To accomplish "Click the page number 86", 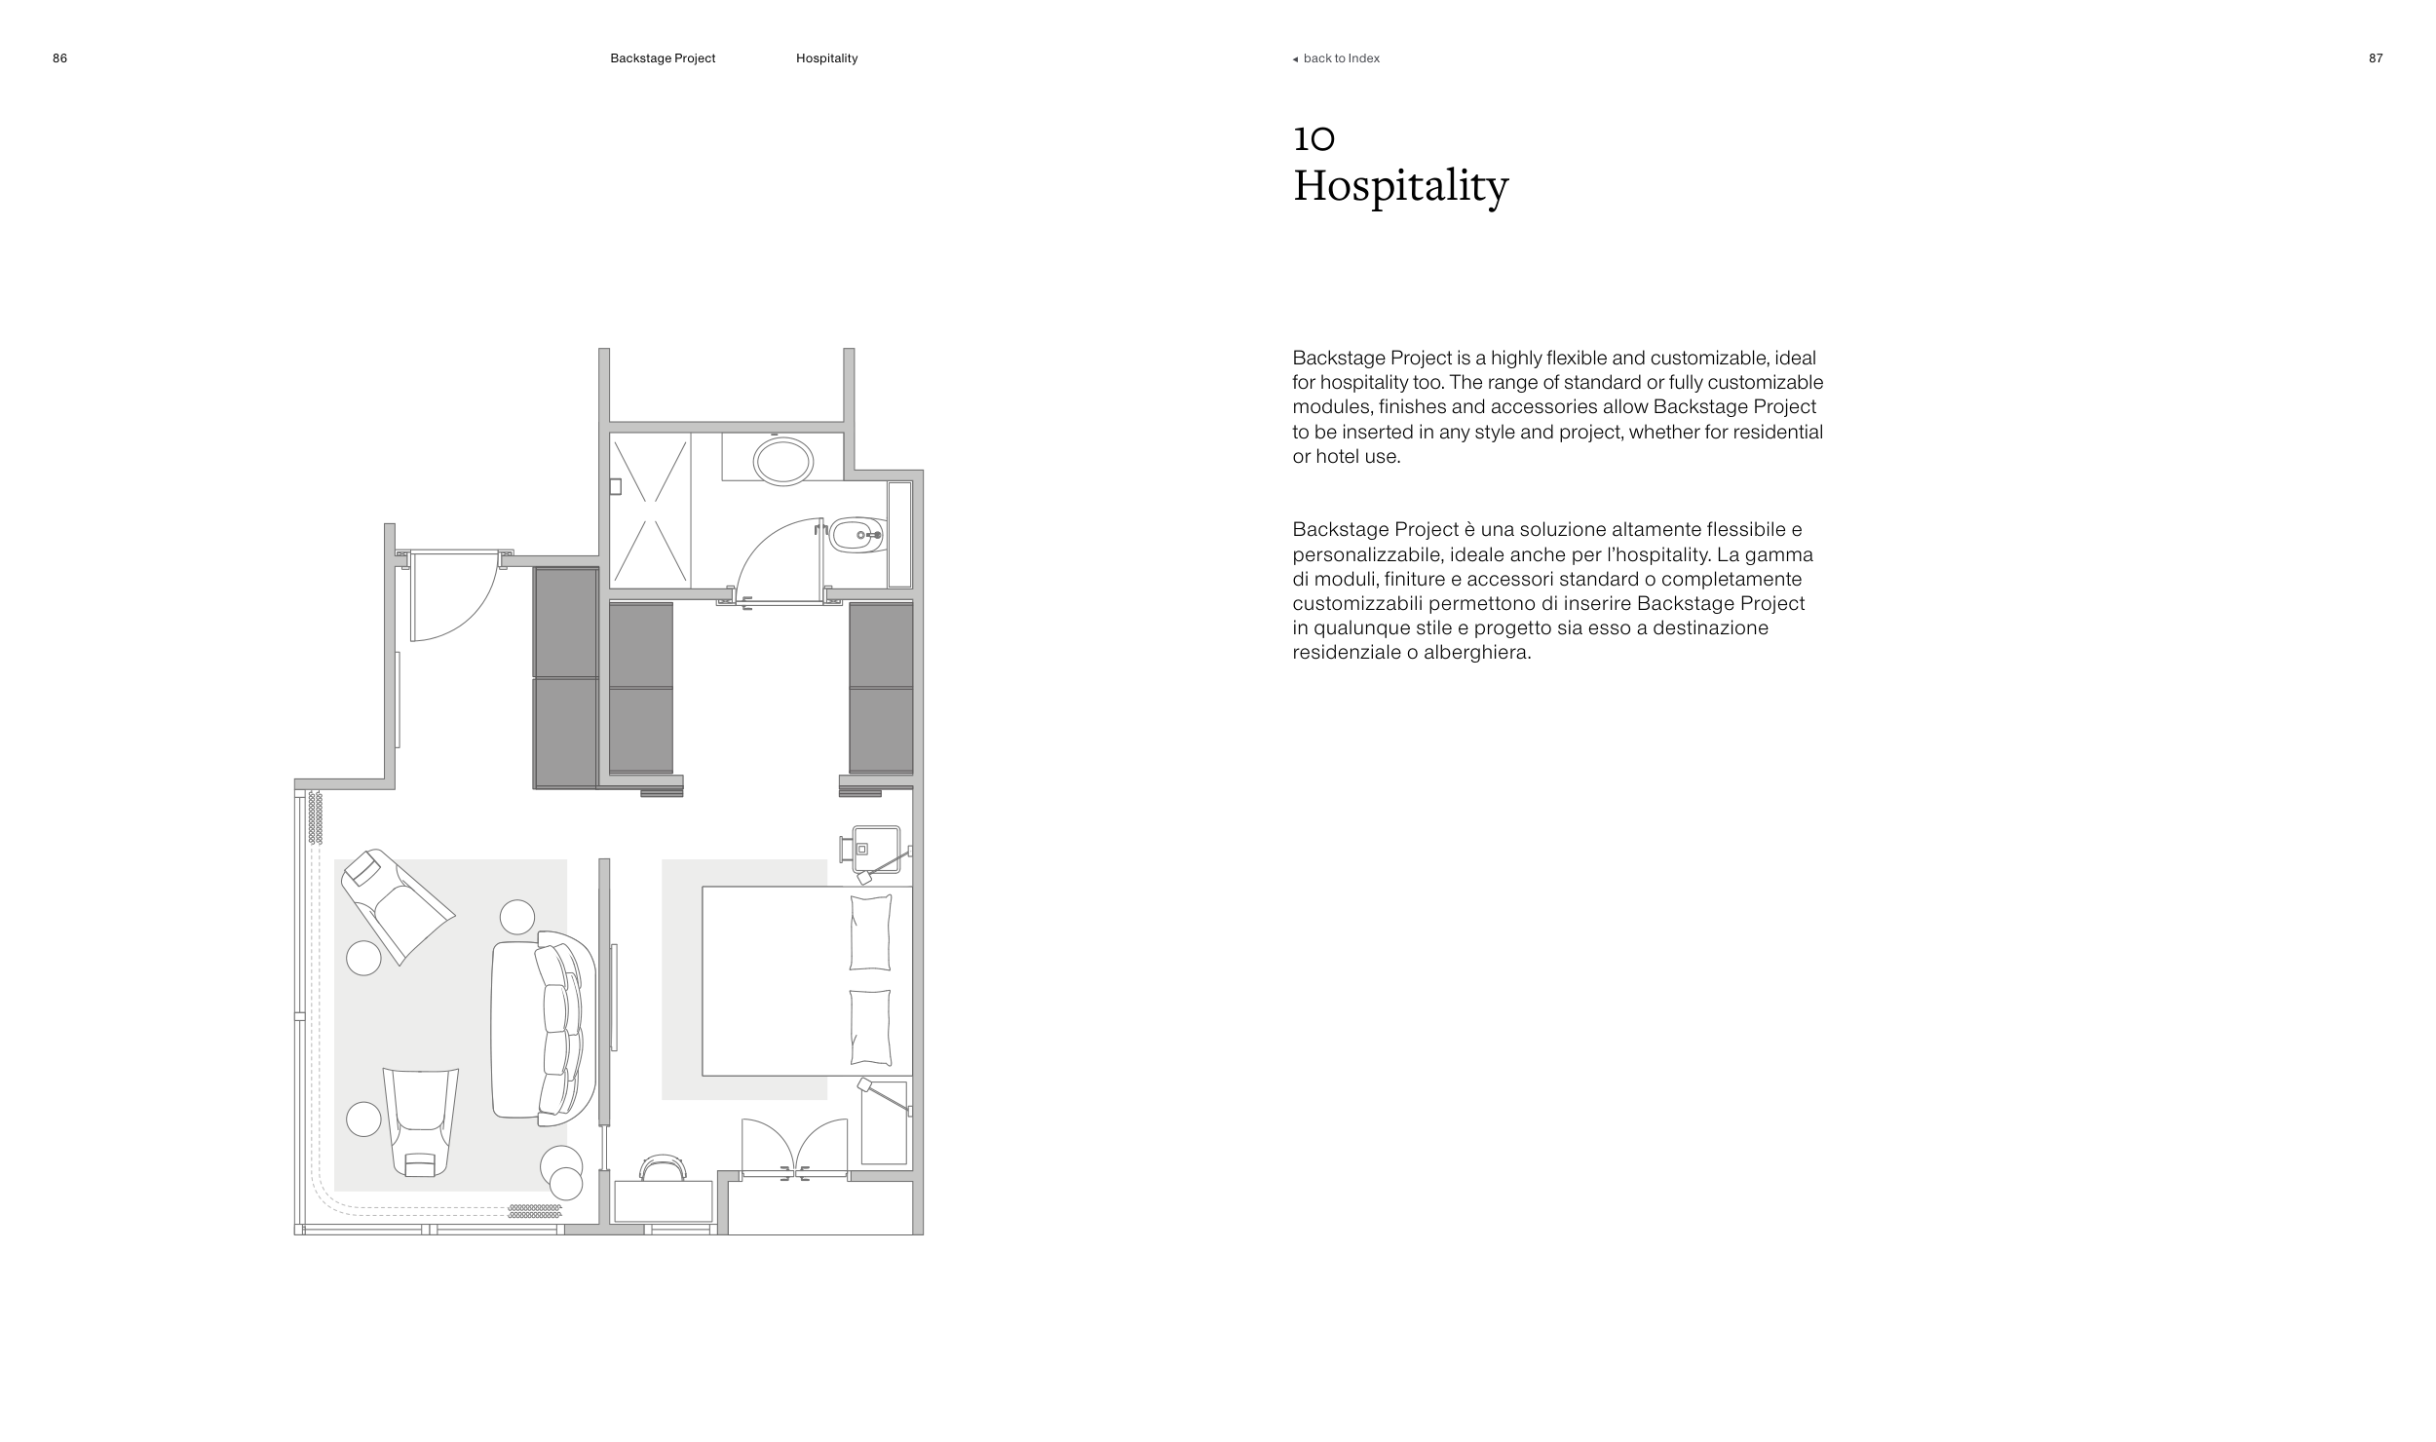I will pos(59,58).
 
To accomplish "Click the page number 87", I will pos(2376,58).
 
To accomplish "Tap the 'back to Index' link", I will pos(1340,58).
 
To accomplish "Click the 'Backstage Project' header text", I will pos(663,58).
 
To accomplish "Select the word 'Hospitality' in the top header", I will pos(826,58).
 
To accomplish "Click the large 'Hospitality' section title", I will pos(1400,186).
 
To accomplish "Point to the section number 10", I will pos(1313,139).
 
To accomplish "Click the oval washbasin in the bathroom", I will pos(782,461).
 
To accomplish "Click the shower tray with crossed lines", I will pos(650,511).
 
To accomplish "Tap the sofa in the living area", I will pos(543,1028).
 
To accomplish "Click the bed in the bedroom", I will pos(806,980).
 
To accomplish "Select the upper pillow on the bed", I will pos(870,932).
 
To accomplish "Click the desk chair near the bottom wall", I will pos(664,1167).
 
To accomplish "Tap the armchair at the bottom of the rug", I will pos(421,1119).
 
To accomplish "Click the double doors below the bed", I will pos(794,1149).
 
